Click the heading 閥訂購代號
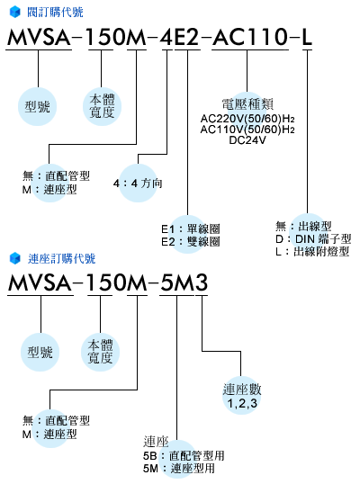coord(55,13)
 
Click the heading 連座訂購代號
coord(61,259)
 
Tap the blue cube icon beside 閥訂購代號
coord(14,13)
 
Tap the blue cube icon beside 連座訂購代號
coord(14,259)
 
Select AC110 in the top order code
coord(250,37)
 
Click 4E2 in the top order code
coord(179,37)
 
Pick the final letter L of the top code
coord(307,37)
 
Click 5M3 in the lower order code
coord(184,282)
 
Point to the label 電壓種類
coord(247,104)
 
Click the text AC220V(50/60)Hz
coord(247,119)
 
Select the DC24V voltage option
coord(247,140)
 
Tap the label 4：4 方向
coord(138,184)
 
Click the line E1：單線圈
coord(191,229)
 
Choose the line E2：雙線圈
coord(191,241)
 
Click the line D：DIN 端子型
coord(313,239)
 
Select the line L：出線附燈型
coord(312,252)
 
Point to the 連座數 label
coord(242,390)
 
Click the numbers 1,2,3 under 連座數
coord(242,403)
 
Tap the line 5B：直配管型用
coord(184,455)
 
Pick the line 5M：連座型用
coord(179,469)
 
